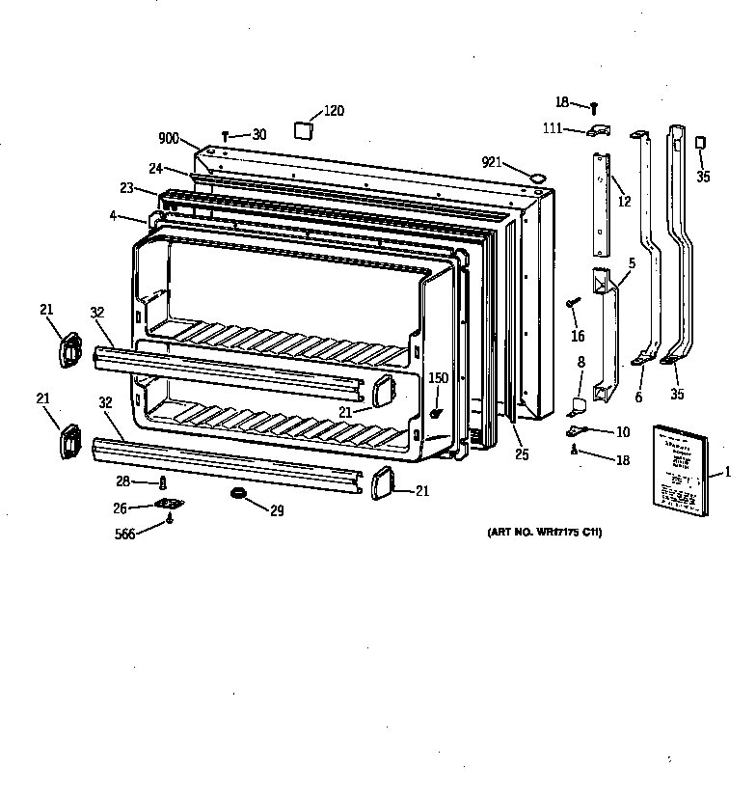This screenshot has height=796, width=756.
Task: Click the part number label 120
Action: pos(333,111)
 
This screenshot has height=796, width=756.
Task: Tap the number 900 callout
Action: pos(169,138)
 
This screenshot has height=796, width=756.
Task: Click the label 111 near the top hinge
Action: pos(552,128)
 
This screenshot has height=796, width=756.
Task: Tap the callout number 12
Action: pos(624,202)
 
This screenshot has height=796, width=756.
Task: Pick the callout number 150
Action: pos(438,378)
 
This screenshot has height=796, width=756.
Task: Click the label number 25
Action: pos(522,454)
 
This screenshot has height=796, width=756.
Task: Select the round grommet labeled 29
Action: pos(237,495)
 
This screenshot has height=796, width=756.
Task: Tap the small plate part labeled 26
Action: pos(169,505)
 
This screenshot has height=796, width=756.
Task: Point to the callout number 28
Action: pos(122,480)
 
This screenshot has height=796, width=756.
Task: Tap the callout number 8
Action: pos(580,362)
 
